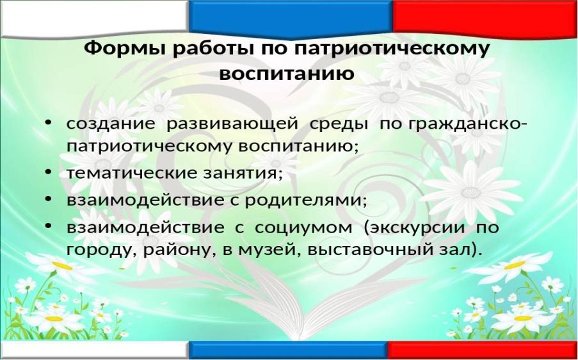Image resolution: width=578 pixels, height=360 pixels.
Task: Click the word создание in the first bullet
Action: click(111, 124)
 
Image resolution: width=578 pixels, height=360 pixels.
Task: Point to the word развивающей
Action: click(232, 124)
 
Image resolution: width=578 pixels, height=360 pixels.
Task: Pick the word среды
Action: click(339, 124)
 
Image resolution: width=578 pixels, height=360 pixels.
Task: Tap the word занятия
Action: click(243, 174)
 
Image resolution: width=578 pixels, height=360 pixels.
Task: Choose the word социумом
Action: click(303, 228)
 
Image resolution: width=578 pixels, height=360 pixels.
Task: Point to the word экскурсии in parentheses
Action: click(414, 228)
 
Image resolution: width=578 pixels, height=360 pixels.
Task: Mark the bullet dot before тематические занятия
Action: click(47, 172)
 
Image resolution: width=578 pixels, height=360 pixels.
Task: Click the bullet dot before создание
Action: click(47, 123)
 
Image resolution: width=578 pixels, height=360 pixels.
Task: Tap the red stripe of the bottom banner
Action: click(482, 349)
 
